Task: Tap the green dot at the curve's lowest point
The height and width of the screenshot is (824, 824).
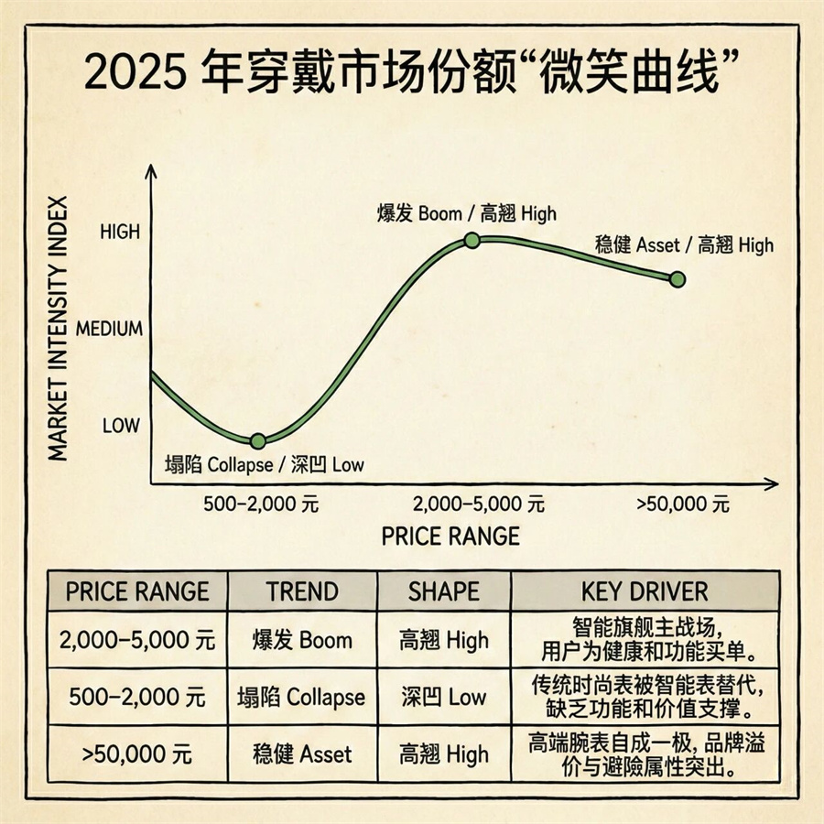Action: click(x=258, y=440)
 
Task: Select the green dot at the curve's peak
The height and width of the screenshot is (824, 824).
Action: click(x=472, y=240)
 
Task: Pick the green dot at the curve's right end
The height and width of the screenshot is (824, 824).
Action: click(x=678, y=279)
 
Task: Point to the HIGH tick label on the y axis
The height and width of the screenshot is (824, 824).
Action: click(x=120, y=232)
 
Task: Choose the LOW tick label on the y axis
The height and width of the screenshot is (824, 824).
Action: click(x=121, y=426)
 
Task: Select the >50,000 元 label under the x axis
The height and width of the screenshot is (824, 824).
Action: click(x=683, y=504)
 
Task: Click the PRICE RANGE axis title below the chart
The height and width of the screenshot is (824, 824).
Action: click(x=450, y=536)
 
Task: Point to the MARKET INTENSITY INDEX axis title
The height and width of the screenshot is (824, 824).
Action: click(x=56, y=330)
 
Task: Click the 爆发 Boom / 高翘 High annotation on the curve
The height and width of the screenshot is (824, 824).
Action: click(x=467, y=214)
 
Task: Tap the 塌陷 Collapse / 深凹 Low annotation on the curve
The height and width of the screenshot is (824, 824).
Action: click(x=264, y=464)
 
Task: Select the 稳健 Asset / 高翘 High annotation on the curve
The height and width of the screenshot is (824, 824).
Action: click(x=684, y=244)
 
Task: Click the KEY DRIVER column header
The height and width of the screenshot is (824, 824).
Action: click(x=645, y=591)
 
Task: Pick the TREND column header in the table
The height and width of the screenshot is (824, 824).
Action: click(x=302, y=591)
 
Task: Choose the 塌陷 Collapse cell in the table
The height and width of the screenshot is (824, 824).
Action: click(x=302, y=697)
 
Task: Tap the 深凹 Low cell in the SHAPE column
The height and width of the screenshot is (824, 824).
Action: click(x=444, y=697)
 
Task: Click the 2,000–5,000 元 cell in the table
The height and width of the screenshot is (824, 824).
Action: click(x=137, y=640)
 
